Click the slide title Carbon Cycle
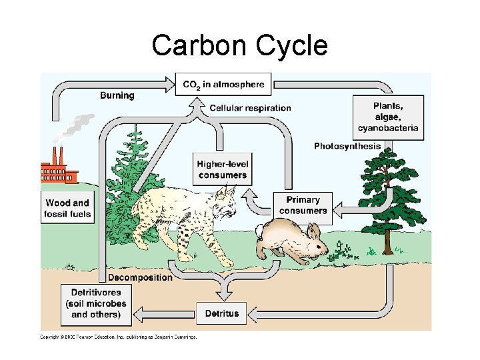tap(239, 46)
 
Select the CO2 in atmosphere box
tap(223, 85)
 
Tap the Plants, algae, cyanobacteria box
tap(388, 117)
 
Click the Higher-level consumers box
tap(223, 169)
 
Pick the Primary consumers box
tap(303, 205)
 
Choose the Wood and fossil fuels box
tap(67, 208)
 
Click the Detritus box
tap(222, 313)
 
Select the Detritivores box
tap(96, 303)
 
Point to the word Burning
tap(117, 95)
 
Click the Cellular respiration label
tap(250, 108)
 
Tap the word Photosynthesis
tap(347, 146)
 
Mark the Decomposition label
tap(139, 277)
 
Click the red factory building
tap(59, 173)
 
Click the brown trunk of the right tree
tap(387, 241)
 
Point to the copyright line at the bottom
tap(119, 337)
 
